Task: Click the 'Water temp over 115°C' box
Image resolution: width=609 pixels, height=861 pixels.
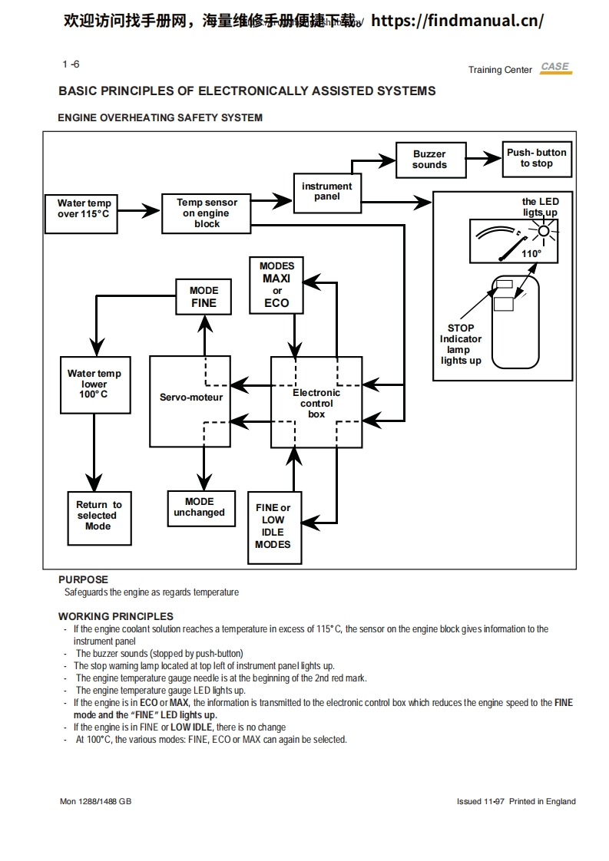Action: coord(84,209)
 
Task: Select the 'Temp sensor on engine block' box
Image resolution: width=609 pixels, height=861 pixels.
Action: coord(207,213)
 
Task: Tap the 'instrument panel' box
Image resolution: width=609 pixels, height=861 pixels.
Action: coord(326,192)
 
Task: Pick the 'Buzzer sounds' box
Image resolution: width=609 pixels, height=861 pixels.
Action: coord(429,160)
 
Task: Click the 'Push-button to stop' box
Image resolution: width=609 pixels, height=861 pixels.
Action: coord(536,159)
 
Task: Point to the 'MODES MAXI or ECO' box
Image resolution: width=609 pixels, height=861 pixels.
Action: coord(276,285)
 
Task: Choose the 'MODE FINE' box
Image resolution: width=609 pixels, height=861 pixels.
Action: coord(204,297)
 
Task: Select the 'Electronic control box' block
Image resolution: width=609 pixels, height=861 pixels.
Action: coord(316,402)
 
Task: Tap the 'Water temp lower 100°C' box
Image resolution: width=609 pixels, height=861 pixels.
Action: coord(94,384)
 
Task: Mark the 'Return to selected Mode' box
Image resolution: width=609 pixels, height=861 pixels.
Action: coord(98,516)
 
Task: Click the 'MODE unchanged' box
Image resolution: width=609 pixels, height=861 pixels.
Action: coord(199,508)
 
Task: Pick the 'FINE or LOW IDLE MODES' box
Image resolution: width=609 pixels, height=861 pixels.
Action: coord(273,526)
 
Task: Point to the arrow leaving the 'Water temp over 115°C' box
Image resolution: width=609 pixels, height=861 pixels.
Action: coord(138,209)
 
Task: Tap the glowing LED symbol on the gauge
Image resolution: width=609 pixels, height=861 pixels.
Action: coord(544,231)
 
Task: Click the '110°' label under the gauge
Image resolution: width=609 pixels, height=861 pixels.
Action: coord(531,254)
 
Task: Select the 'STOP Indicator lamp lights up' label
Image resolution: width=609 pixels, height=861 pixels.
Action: coord(461,345)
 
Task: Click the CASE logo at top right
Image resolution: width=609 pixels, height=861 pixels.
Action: coord(554,68)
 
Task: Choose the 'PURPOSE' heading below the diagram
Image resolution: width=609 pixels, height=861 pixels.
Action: coord(83,579)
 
